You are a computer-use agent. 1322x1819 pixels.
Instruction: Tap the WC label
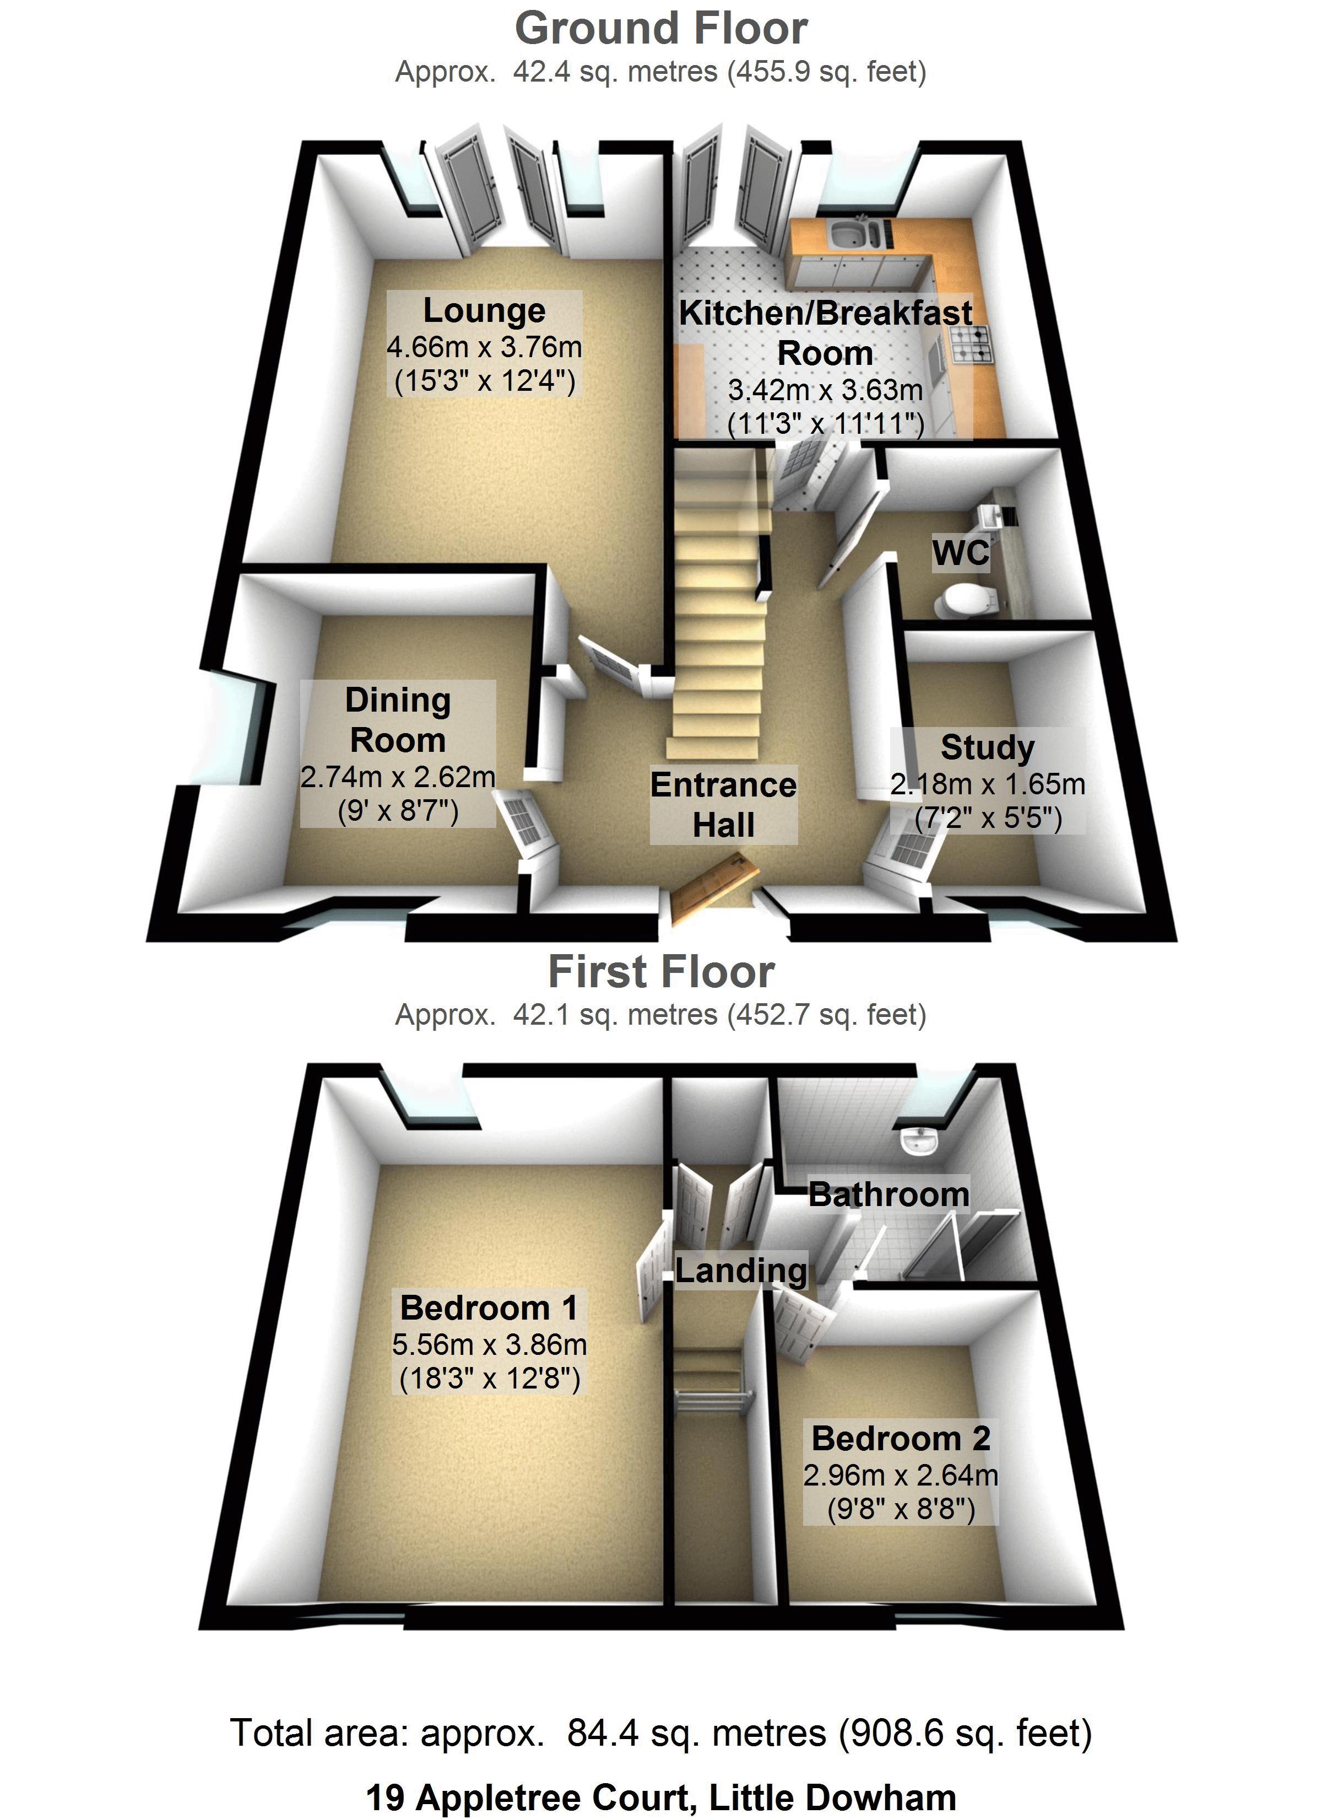click(961, 553)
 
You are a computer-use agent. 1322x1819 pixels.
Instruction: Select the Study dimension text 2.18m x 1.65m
click(988, 784)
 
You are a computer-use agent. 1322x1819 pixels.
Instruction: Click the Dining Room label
click(398, 719)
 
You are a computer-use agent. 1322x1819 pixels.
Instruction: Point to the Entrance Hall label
click(723, 804)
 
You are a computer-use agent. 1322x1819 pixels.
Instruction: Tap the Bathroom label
click(889, 1195)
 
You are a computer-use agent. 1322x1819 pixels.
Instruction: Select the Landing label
click(741, 1271)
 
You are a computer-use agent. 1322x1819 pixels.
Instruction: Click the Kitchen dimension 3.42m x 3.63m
click(825, 391)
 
